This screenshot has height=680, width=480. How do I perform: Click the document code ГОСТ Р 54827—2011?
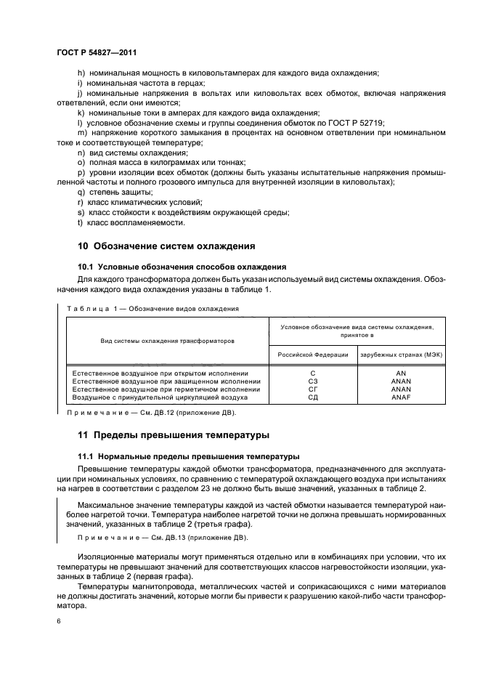[x=96, y=53]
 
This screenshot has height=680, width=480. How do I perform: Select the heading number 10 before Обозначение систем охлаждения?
[x=82, y=246]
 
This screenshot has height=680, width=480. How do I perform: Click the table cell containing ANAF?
[x=401, y=398]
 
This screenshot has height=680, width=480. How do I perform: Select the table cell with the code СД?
[x=313, y=398]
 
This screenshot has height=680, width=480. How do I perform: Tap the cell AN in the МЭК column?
[x=401, y=372]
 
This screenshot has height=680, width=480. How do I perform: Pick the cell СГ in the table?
[x=313, y=389]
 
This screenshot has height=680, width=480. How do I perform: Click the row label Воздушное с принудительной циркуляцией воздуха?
[x=160, y=398]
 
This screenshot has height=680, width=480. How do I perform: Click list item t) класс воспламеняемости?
[x=125, y=222]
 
